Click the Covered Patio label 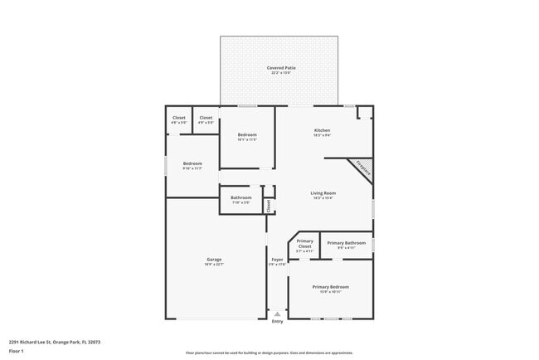point(281,68)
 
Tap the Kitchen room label point(322,130)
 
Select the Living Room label point(323,192)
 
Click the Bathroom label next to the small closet point(241,197)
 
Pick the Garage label point(214,259)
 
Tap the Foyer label point(277,259)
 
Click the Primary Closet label point(304,243)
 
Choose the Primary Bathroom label point(346,243)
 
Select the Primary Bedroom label point(330,287)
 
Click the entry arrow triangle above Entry point(277,314)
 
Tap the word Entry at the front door point(277,322)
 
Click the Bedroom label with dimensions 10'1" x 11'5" point(247,134)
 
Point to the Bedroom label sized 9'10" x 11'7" point(192,163)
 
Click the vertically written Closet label point(269,204)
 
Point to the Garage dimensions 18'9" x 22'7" point(214,264)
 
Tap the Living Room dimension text point(323,197)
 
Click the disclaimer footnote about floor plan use point(269,353)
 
